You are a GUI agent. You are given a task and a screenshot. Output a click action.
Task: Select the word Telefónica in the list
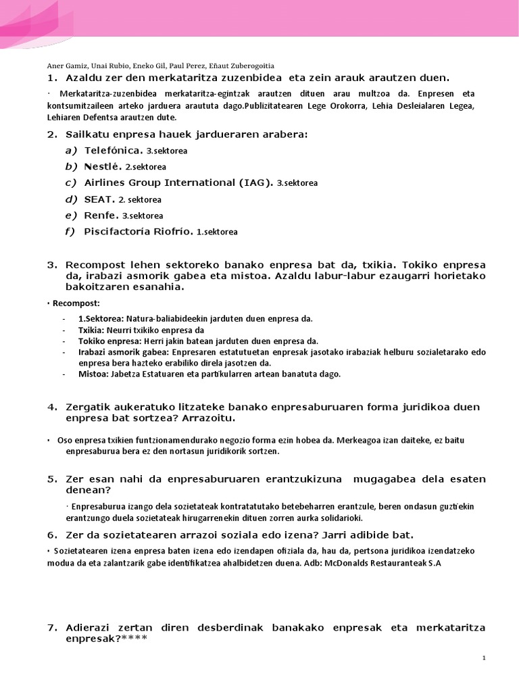(113, 150)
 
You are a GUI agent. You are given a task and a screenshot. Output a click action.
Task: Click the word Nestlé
(103, 166)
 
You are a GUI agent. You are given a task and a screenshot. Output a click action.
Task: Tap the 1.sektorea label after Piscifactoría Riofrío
(217, 232)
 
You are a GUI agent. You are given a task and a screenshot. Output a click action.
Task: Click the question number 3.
(51, 264)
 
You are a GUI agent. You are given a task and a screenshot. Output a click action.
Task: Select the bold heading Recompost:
(76, 303)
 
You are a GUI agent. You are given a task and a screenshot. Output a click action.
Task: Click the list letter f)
(69, 232)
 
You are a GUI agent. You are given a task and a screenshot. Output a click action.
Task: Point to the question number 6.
(51, 535)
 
